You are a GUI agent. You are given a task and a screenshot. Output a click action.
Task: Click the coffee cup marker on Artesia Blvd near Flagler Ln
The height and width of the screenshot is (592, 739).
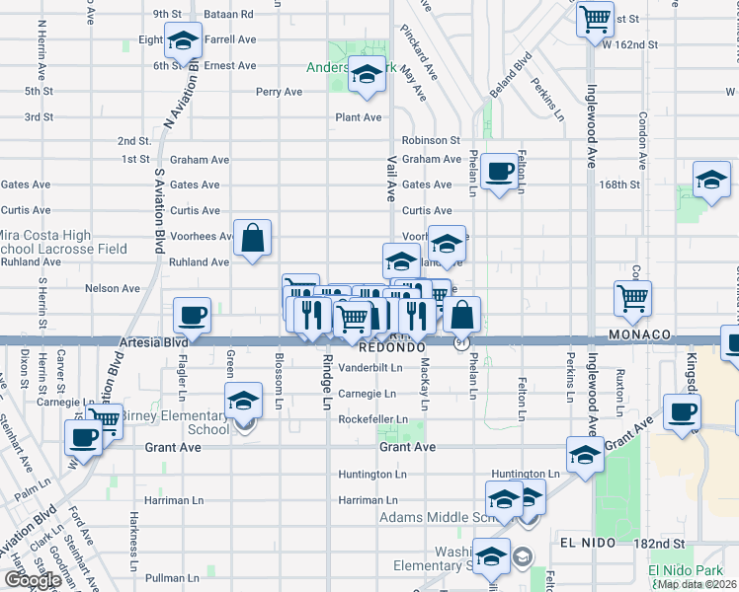193,316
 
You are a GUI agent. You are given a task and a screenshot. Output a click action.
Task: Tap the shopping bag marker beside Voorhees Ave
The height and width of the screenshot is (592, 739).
253,238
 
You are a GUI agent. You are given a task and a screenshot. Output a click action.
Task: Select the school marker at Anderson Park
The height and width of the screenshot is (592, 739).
367,75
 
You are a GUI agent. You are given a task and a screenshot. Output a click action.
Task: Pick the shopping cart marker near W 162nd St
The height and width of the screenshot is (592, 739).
596,19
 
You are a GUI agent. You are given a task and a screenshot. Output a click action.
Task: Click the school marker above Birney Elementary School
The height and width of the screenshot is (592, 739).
241,402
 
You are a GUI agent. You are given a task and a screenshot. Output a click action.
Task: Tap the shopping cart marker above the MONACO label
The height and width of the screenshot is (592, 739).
632,297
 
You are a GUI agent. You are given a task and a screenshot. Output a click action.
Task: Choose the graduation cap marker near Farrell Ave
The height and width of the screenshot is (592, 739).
183,41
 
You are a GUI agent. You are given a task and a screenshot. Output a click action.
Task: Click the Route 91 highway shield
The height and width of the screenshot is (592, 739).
461,342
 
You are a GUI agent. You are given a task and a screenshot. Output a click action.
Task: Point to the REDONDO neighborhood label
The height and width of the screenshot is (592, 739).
391,348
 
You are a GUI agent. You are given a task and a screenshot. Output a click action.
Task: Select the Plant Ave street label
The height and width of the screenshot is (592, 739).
358,117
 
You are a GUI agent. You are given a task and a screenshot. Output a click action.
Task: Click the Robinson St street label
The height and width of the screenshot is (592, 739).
431,141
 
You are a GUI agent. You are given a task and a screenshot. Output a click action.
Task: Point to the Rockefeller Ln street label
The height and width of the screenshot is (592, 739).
372,419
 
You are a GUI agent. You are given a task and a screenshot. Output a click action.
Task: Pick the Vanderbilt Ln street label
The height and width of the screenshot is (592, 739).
370,367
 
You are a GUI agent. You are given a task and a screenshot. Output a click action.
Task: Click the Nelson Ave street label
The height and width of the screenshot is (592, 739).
113,288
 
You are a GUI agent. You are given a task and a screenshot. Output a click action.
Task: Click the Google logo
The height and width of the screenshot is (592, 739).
33,580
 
